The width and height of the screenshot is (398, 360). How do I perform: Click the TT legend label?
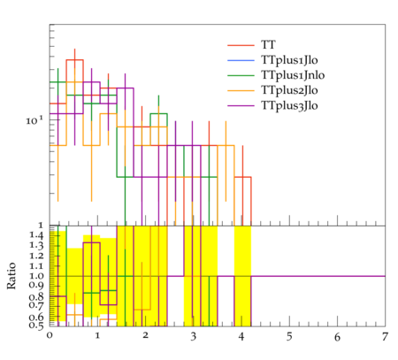268,45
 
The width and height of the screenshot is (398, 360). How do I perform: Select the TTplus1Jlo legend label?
289,60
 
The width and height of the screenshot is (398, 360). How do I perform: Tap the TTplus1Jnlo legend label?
293,75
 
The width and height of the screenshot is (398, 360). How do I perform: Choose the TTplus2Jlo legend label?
289,90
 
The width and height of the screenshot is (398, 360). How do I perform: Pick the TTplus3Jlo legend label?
289,105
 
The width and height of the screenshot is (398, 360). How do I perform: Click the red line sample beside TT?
241,45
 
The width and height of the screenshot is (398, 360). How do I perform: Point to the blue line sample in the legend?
241,60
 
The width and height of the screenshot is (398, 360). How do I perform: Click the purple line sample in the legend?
241,105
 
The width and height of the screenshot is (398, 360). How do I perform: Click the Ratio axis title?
11,276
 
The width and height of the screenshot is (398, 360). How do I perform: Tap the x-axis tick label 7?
385,336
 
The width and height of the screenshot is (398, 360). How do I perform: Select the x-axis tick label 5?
289,336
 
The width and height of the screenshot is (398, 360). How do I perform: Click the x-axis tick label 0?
50,336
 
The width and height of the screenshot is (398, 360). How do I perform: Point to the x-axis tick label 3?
193,336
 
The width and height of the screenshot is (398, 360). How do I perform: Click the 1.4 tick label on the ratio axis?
36,235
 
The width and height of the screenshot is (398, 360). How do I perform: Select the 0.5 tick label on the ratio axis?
36,326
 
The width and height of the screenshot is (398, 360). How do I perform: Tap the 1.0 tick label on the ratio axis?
36,276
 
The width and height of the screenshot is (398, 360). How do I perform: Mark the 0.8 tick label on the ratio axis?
36,296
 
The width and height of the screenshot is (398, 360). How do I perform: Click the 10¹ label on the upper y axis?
34,120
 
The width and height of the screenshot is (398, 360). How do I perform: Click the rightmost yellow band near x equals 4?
242,276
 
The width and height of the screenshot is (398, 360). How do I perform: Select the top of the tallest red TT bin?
75,60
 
